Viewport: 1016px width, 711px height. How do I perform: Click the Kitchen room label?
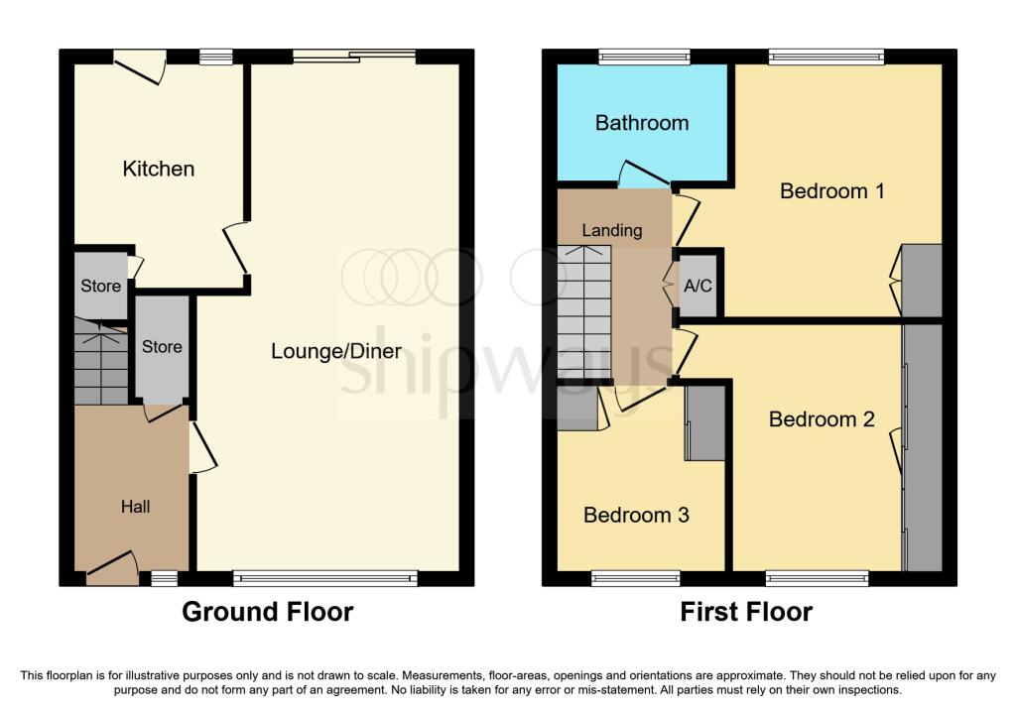(x=158, y=169)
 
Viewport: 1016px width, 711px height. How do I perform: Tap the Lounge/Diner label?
(x=336, y=351)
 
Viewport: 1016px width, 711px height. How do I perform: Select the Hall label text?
(x=135, y=507)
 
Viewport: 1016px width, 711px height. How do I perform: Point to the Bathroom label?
(x=642, y=123)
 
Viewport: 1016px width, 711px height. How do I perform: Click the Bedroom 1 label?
(x=832, y=191)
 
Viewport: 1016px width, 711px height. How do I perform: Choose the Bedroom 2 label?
(x=822, y=419)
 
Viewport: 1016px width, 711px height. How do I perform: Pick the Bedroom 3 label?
(x=636, y=515)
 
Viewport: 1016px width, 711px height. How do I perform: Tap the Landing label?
(x=611, y=230)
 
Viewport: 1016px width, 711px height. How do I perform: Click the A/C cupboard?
(x=698, y=285)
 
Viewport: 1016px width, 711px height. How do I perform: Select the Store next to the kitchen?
(x=100, y=286)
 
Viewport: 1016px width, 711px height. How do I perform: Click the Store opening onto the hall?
(x=162, y=348)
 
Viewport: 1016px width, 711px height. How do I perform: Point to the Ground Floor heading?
(x=268, y=612)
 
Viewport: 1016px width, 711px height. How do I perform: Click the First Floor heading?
(x=746, y=612)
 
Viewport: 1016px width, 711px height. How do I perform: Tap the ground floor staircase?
(x=100, y=361)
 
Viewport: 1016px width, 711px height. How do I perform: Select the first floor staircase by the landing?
(x=583, y=312)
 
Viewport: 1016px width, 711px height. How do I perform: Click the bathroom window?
(x=644, y=57)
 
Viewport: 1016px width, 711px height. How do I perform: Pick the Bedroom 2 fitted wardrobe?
(x=922, y=447)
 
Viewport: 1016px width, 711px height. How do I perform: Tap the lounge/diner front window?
(x=325, y=578)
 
